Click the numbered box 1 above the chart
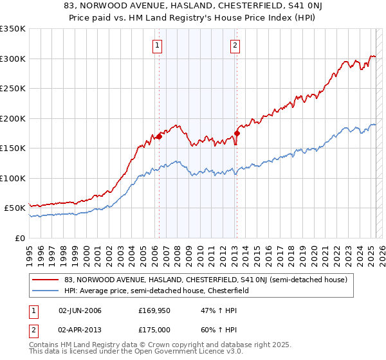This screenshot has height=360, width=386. (x=158, y=45)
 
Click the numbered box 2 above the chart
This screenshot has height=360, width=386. (x=235, y=45)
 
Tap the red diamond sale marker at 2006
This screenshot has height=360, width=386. (x=159, y=136)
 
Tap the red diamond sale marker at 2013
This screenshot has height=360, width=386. (x=237, y=133)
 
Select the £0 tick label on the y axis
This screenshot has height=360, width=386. (x=19, y=238)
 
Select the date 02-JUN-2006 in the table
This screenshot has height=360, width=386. (x=80, y=310)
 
